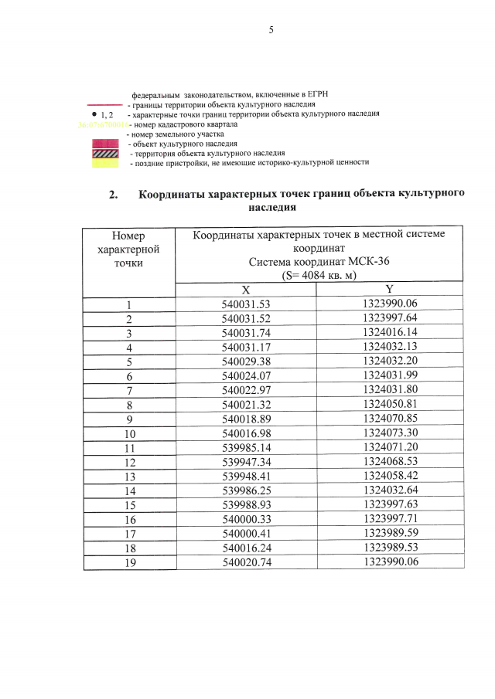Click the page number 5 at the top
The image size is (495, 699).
pyautogui.click(x=271, y=30)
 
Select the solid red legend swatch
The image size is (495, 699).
pyautogui.click(x=105, y=144)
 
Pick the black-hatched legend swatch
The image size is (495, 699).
pyautogui.click(x=105, y=154)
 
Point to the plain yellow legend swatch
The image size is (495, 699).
pyautogui.click(x=105, y=164)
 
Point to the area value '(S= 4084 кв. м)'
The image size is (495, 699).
pyautogui.click(x=318, y=275)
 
